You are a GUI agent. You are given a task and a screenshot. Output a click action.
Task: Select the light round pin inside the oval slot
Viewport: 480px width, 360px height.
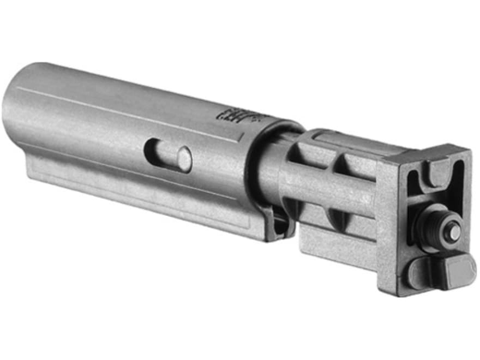click(x=184, y=159)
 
